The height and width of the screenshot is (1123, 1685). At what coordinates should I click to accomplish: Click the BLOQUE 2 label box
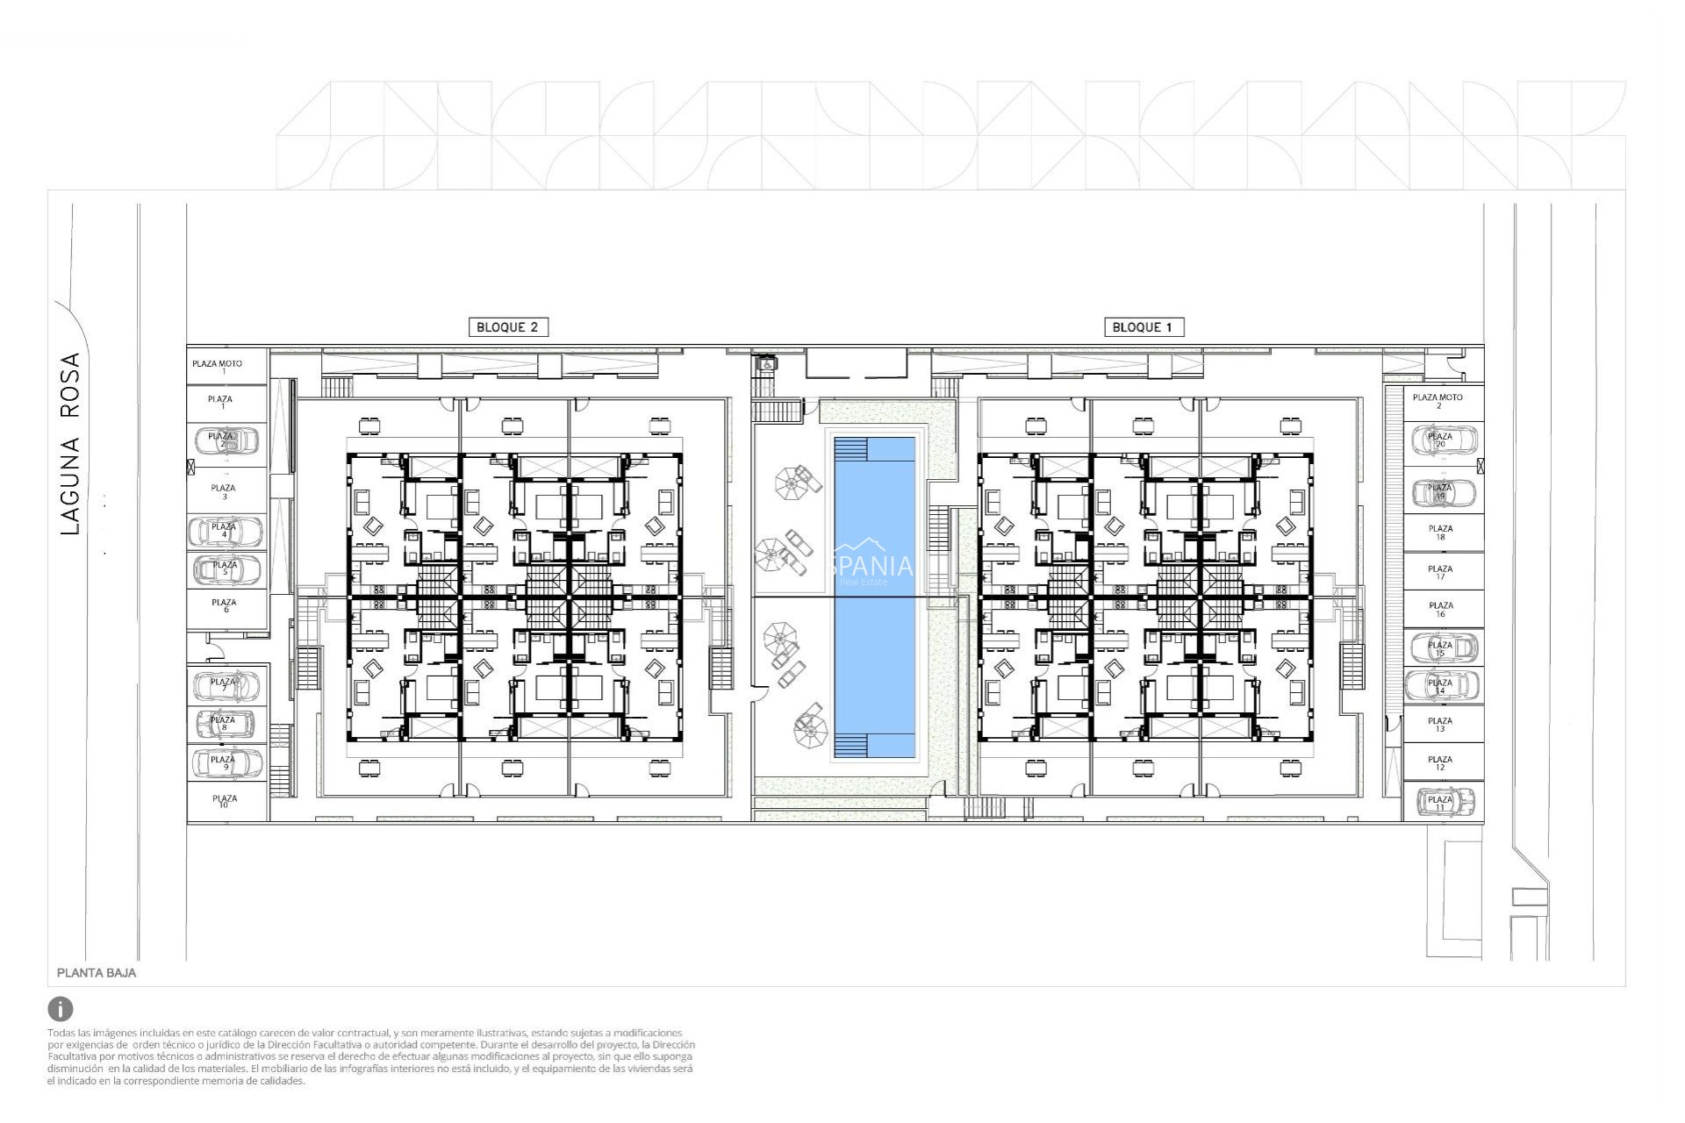tap(507, 327)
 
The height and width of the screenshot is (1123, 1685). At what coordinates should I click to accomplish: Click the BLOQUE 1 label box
tap(1142, 327)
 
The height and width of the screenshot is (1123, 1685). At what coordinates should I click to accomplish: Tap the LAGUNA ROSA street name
tap(70, 443)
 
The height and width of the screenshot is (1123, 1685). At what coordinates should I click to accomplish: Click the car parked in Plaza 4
tap(225, 532)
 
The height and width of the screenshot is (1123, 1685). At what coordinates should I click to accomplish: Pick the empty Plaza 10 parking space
tap(224, 801)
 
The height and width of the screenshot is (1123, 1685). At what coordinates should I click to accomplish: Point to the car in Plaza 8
tap(225, 724)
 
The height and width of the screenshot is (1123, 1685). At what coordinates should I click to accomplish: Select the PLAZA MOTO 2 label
tap(1438, 401)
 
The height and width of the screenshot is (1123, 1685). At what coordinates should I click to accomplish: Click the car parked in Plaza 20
tap(1440, 440)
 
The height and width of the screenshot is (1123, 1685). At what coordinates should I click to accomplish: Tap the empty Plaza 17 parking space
tap(1440, 572)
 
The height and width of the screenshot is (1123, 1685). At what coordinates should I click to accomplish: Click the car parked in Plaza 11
tap(1440, 802)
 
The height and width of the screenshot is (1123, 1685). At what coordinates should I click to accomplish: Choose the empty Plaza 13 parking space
tap(1440, 725)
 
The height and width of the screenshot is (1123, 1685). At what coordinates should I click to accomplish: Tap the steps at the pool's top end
tap(850, 449)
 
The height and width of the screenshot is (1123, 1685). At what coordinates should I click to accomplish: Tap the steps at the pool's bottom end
tap(850, 747)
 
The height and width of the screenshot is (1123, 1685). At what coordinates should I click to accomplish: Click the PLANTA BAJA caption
tap(97, 973)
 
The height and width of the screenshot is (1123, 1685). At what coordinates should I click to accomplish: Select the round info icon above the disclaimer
tap(61, 1008)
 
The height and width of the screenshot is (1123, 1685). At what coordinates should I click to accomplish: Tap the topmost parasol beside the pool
tap(793, 482)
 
